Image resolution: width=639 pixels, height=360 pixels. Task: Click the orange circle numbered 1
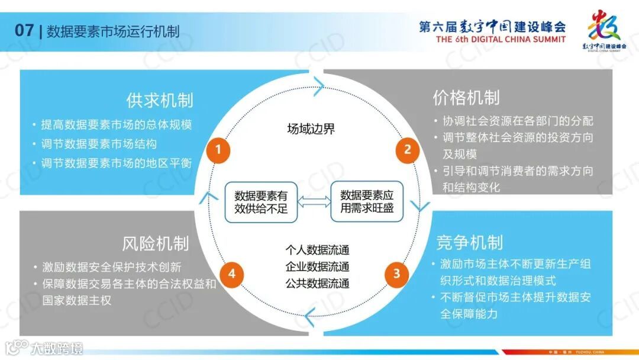tap(218, 150)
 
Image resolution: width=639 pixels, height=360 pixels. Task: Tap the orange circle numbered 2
tap(407, 150)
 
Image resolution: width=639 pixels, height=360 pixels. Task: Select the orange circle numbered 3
tap(396, 274)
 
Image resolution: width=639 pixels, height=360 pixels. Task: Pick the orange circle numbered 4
tap(232, 274)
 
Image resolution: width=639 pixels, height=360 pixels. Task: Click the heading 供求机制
tap(160, 100)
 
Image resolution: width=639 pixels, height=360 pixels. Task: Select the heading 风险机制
tap(156, 243)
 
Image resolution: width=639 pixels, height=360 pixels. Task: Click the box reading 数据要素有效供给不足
tap(261, 202)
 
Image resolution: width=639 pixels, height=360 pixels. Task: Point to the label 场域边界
tap(311, 129)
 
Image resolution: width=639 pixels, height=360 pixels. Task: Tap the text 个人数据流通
tap(317, 250)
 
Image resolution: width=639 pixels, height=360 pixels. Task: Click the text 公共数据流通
tap(317, 283)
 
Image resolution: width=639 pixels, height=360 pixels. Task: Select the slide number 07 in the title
tap(24, 31)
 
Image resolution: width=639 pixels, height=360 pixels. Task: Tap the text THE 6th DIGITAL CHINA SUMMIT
tap(501, 40)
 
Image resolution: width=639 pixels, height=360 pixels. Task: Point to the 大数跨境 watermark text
tap(57, 348)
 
